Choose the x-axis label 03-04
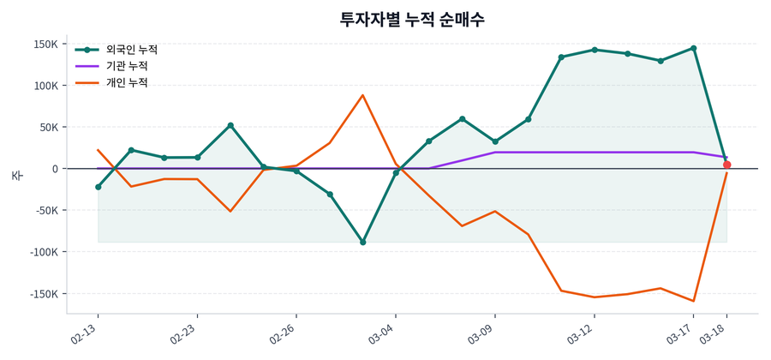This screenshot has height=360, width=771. pyautogui.click(x=382, y=333)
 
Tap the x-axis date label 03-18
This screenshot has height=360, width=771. pyautogui.click(x=714, y=333)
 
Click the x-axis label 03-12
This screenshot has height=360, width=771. pyautogui.click(x=581, y=333)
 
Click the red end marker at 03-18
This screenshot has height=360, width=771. pyautogui.click(x=727, y=165)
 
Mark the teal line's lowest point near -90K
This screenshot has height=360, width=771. pyautogui.click(x=362, y=243)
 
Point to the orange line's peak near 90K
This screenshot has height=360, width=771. pyautogui.click(x=362, y=95)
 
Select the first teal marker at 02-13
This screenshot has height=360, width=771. pyautogui.click(x=99, y=187)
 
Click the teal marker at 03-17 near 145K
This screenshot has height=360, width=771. pyautogui.click(x=693, y=48)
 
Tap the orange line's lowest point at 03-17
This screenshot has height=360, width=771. pyautogui.click(x=693, y=301)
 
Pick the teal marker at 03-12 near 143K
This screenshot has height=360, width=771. pyautogui.click(x=595, y=50)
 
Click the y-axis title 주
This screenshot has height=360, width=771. pyautogui.click(x=16, y=175)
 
